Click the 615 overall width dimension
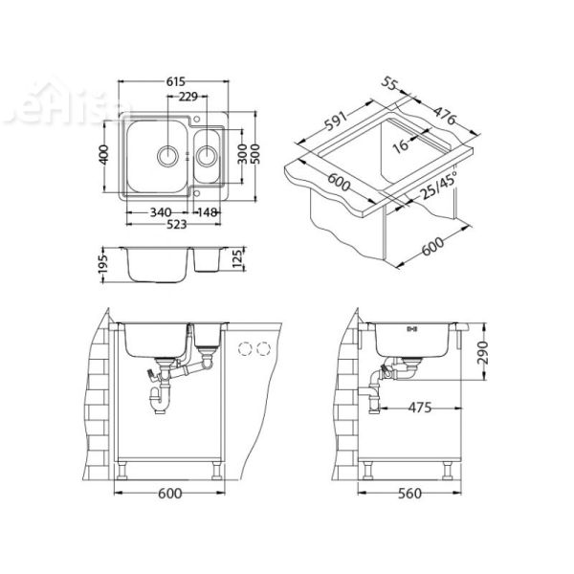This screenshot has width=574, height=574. (x=174, y=83)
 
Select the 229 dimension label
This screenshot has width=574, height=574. (x=188, y=97)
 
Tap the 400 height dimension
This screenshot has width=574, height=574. (x=106, y=154)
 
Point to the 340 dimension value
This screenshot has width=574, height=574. (x=161, y=212)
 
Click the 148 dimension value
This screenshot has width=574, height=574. (x=210, y=212)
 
